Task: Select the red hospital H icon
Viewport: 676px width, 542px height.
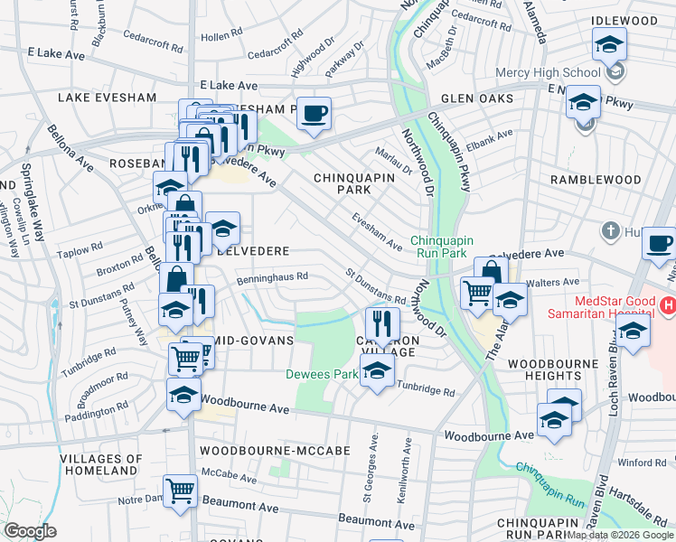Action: pos(667,306)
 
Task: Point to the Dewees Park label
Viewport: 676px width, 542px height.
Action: pos(322,373)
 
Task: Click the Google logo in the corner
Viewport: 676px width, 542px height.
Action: pos(29,531)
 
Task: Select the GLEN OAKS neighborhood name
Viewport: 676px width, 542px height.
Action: pos(477,98)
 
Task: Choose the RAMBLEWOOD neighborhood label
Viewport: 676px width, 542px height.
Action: pos(596,180)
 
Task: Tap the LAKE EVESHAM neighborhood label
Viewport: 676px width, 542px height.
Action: pos(97,96)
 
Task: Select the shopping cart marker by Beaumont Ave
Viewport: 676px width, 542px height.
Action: pos(181,491)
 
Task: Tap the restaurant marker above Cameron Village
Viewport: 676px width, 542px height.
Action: pos(382,322)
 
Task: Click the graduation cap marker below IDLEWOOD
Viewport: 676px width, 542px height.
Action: pos(609,44)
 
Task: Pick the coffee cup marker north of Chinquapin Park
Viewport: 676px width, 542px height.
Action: pos(314,113)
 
